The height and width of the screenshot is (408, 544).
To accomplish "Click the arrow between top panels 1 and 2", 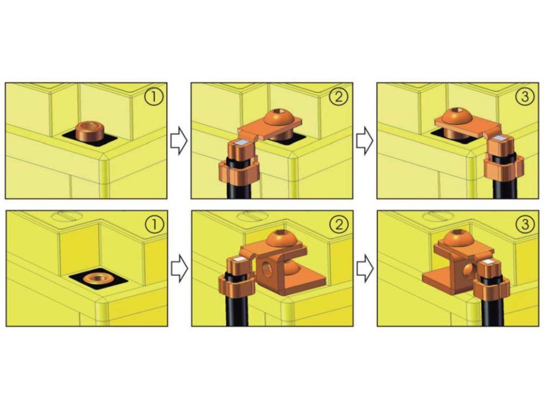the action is pyautogui.click(x=179, y=140).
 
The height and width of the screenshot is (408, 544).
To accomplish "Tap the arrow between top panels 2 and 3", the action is pyautogui.click(x=364, y=140).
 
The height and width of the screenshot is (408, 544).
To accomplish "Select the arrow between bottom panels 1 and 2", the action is pyautogui.click(x=180, y=268).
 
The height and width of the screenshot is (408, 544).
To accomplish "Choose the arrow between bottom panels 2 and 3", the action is pyautogui.click(x=365, y=268).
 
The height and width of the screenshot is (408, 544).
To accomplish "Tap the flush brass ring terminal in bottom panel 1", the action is pyautogui.click(x=98, y=277).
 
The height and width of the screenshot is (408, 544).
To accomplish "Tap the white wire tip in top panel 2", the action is pyautogui.click(x=241, y=143).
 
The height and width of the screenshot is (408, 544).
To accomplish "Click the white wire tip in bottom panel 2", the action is pyautogui.click(x=239, y=259).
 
